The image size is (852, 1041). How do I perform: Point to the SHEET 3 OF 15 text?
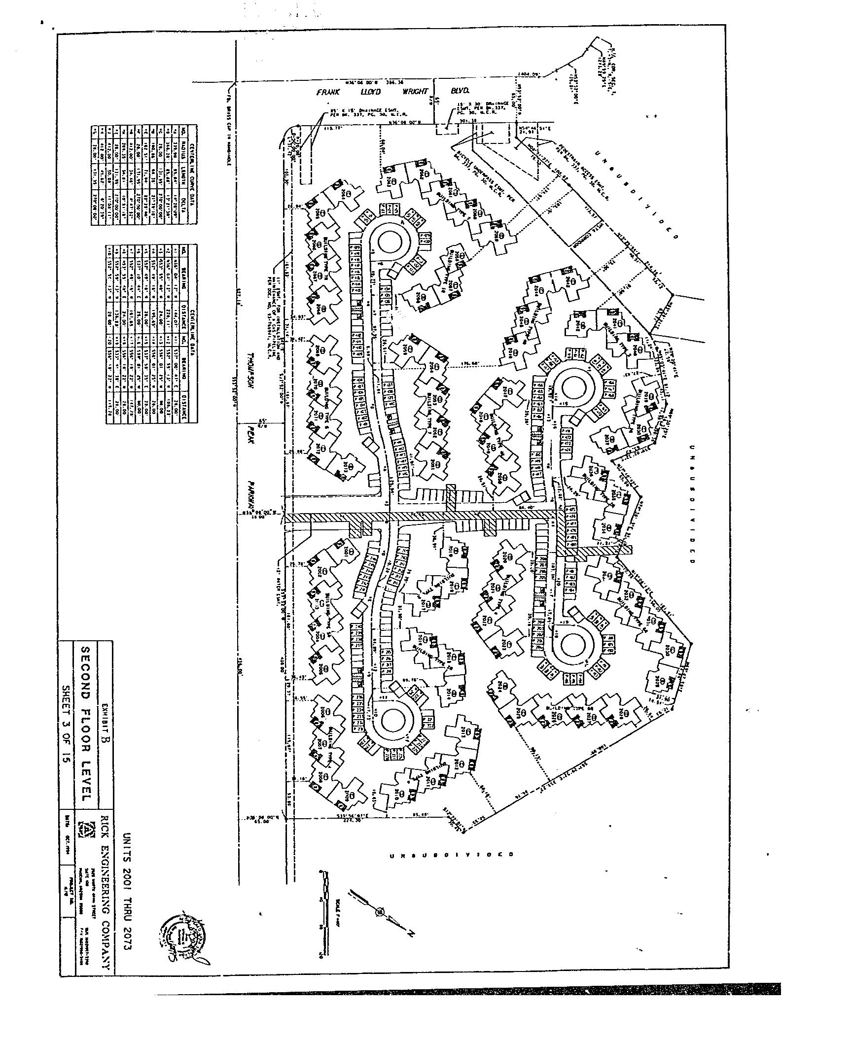[x=66, y=725]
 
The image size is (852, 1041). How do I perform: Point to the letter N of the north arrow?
[x=410, y=933]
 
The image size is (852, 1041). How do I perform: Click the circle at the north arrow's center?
[x=379, y=912]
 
